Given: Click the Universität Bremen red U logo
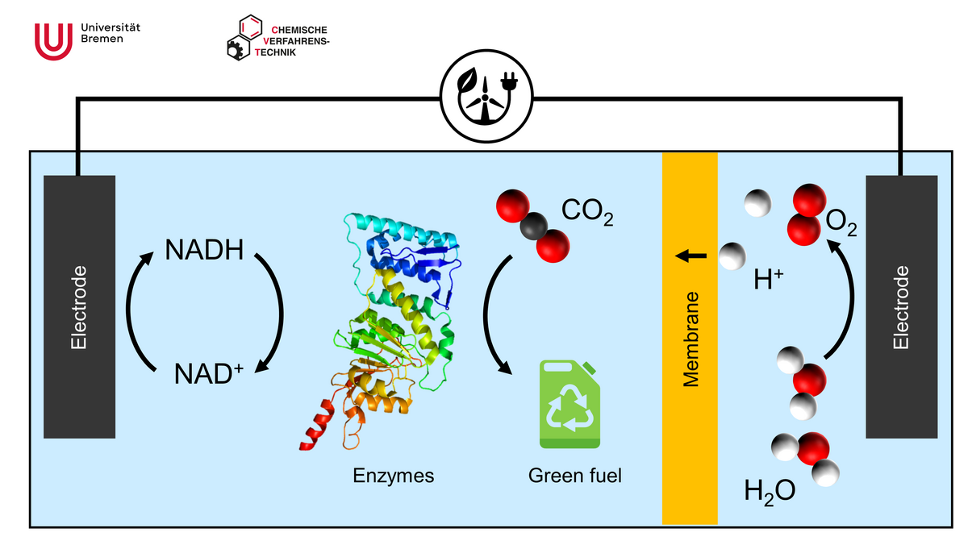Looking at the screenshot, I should click(x=53, y=40).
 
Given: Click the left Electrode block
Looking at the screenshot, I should click(x=79, y=306).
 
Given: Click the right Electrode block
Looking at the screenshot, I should click(x=901, y=306).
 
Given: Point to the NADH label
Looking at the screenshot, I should click(x=204, y=249).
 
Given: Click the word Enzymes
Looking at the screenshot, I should click(x=394, y=476).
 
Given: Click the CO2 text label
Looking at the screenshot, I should click(x=588, y=214).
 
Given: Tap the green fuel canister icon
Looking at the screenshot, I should click(x=570, y=406).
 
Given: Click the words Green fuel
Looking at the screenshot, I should click(x=575, y=476).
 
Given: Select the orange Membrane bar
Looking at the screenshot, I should click(x=690, y=339).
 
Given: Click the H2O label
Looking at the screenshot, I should click(x=770, y=490).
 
